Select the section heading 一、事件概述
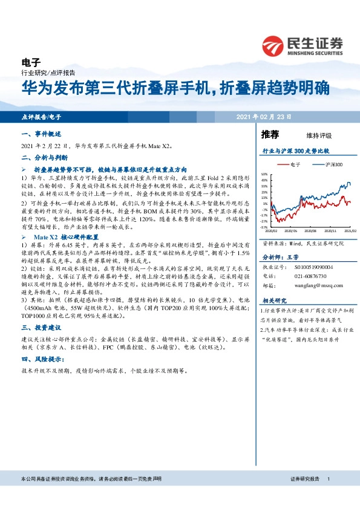pos(41,134)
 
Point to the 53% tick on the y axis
pos(264,172)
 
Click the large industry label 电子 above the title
pos(30,62)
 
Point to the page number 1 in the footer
pos(328,478)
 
